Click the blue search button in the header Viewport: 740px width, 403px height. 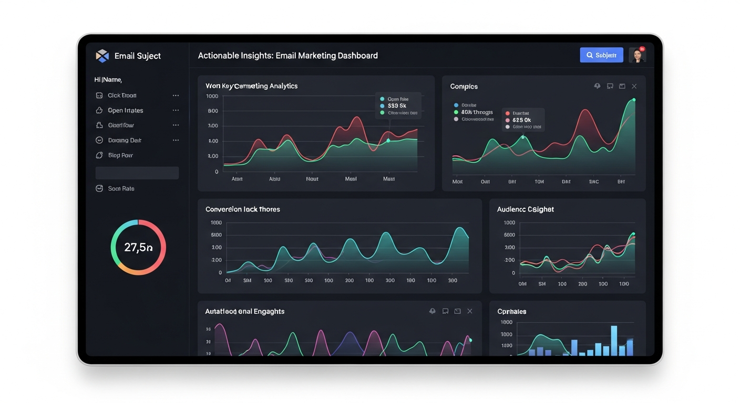601,55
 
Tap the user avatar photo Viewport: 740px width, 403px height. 637,55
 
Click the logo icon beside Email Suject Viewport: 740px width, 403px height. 102,56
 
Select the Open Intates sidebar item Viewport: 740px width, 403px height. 125,110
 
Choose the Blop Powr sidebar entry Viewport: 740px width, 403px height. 120,155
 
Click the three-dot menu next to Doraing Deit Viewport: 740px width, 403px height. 176,140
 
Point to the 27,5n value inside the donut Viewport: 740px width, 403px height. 138,247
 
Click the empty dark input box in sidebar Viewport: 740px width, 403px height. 137,173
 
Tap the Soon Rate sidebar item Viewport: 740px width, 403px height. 121,188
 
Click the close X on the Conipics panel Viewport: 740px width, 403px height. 634,86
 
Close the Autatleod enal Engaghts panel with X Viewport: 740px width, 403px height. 470,311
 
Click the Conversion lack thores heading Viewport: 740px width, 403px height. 242,209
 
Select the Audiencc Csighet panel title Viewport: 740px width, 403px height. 525,209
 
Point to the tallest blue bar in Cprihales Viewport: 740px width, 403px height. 613,340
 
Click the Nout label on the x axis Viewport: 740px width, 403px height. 312,179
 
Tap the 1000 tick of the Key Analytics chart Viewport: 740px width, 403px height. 212,96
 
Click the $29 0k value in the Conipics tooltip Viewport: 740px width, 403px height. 521,120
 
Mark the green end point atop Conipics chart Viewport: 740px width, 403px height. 634,100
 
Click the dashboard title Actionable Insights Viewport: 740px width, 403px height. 287,56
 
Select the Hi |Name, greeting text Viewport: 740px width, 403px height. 108,80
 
